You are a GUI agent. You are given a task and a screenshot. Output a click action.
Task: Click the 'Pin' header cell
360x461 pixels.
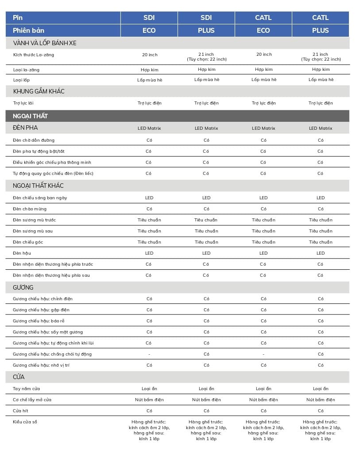click(x=18, y=18)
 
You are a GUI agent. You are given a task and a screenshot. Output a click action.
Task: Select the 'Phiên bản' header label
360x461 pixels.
click(x=28, y=31)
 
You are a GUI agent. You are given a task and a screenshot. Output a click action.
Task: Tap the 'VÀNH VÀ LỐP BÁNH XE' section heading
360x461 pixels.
click(x=45, y=43)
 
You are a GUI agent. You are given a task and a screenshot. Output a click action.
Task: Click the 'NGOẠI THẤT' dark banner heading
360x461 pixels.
click(x=31, y=116)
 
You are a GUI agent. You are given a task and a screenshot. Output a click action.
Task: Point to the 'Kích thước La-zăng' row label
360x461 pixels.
click(x=33, y=55)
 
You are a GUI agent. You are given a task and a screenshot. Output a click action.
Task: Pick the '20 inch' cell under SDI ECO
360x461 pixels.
click(x=149, y=55)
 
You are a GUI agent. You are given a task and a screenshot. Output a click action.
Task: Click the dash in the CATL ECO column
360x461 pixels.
click(x=263, y=354)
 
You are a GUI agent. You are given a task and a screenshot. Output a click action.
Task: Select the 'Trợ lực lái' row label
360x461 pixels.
click(x=23, y=103)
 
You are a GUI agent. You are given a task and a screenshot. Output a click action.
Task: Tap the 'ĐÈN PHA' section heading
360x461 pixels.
click(x=25, y=128)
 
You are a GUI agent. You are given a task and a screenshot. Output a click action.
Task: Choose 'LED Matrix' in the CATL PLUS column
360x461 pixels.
click(x=320, y=128)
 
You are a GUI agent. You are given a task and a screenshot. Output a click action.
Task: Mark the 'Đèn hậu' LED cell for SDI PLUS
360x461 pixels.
click(x=206, y=253)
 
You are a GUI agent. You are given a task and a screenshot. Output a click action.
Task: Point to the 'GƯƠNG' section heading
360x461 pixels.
click(x=23, y=288)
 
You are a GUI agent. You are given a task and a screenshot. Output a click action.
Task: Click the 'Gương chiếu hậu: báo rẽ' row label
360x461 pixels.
click(x=39, y=321)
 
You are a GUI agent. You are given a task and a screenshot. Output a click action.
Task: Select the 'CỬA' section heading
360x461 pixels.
click(x=19, y=377)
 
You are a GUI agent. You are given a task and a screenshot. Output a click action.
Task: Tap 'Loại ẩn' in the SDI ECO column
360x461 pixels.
click(x=149, y=389)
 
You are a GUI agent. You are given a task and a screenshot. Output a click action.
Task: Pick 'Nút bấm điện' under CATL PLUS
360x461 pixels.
click(x=320, y=400)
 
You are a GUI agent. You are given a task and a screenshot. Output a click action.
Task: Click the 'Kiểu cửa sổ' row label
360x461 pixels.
click(x=25, y=422)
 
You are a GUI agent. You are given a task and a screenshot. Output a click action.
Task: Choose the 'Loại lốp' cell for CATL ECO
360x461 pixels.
click(x=263, y=80)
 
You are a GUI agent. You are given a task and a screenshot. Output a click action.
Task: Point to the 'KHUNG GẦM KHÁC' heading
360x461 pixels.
click(x=39, y=91)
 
